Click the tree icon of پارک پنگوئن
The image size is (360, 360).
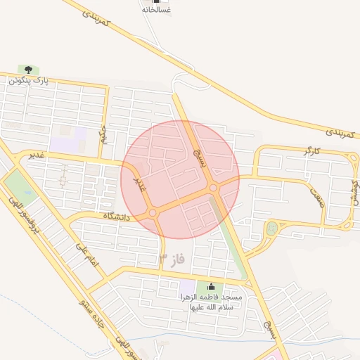(x=28, y=70)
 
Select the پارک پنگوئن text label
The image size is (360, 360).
(x=30, y=80)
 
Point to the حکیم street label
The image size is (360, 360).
(x=104, y=133)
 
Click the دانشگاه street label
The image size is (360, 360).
(x=117, y=217)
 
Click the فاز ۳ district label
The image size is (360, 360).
(x=172, y=259)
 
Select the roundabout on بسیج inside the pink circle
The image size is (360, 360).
(x=213, y=188)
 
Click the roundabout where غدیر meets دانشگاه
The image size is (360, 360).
(x=153, y=212)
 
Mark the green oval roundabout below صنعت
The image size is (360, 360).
(x=271, y=228)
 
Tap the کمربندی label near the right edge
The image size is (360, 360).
(x=342, y=132)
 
